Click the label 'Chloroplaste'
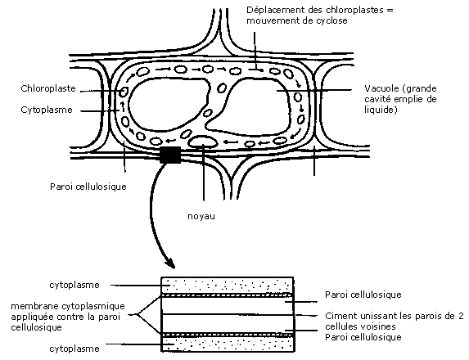(x=48, y=88)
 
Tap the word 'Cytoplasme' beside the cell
(x=47, y=110)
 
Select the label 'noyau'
(x=201, y=216)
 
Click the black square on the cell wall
(x=170, y=155)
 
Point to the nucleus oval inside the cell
(x=204, y=142)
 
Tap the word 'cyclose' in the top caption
(x=331, y=20)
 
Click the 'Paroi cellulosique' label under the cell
(x=88, y=187)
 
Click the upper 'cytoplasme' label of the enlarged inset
(x=74, y=285)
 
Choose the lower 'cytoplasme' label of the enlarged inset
(x=74, y=349)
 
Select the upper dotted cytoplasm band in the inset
(x=227, y=285)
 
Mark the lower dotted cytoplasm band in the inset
(x=227, y=344)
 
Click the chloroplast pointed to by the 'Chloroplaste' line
(x=124, y=92)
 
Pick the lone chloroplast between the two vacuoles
(x=222, y=88)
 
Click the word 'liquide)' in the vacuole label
(x=381, y=110)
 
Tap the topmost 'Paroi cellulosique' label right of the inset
(x=363, y=295)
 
